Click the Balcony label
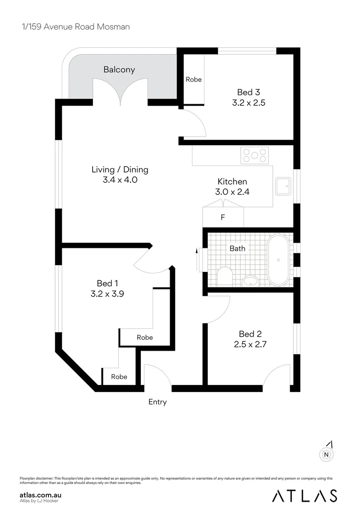119,70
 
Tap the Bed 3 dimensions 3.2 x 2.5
249,102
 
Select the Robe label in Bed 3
193,80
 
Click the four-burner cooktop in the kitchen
254,156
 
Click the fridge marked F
223,218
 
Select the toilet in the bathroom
225,276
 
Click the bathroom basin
250,281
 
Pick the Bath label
237,248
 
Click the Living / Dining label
120,170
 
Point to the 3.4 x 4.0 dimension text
120,180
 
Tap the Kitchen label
232,181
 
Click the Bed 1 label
107,283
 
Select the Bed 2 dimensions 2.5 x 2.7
250,345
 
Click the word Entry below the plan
157,402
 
